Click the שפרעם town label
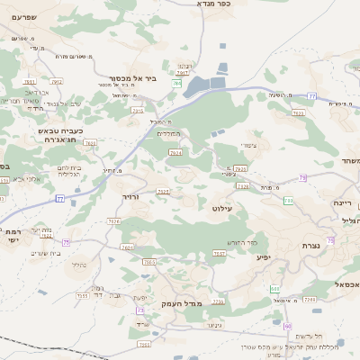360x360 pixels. point(25,17)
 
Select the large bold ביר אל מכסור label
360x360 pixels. point(133,77)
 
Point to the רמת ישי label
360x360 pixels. point(11,235)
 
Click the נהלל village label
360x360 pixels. point(78,265)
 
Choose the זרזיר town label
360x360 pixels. point(130,195)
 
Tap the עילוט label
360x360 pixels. point(220,209)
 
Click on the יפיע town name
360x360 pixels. point(263,257)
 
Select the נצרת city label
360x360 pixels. point(311,246)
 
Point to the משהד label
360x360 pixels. point(348,161)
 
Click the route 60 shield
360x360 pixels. point(288,325)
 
